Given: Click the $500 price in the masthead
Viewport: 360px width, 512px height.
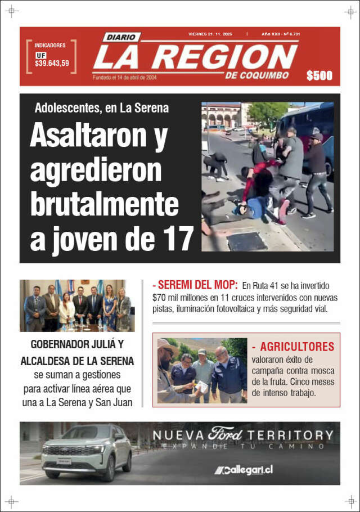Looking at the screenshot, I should pyautogui.click(x=319, y=76).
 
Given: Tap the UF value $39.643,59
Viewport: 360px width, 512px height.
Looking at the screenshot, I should pyautogui.click(x=52, y=64).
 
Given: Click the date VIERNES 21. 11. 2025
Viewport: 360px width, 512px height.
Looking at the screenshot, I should pyautogui.click(x=210, y=34).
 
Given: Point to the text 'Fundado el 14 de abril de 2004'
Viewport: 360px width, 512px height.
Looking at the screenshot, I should pyautogui.click(x=124, y=78).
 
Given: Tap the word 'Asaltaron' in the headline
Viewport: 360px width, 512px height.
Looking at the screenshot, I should pyautogui.click(x=83, y=135).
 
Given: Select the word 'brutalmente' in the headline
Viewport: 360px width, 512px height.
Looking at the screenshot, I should pyautogui.click(x=104, y=204).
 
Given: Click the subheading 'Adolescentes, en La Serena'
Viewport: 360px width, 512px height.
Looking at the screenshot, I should pyautogui.click(x=101, y=108).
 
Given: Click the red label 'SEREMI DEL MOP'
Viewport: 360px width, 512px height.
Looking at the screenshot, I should pyautogui.click(x=197, y=285).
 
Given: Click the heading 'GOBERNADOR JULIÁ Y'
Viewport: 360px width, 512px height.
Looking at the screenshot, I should pyautogui.click(x=77, y=345).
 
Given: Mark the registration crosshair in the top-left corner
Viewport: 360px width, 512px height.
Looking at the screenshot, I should pyautogui.click(x=12, y=11).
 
